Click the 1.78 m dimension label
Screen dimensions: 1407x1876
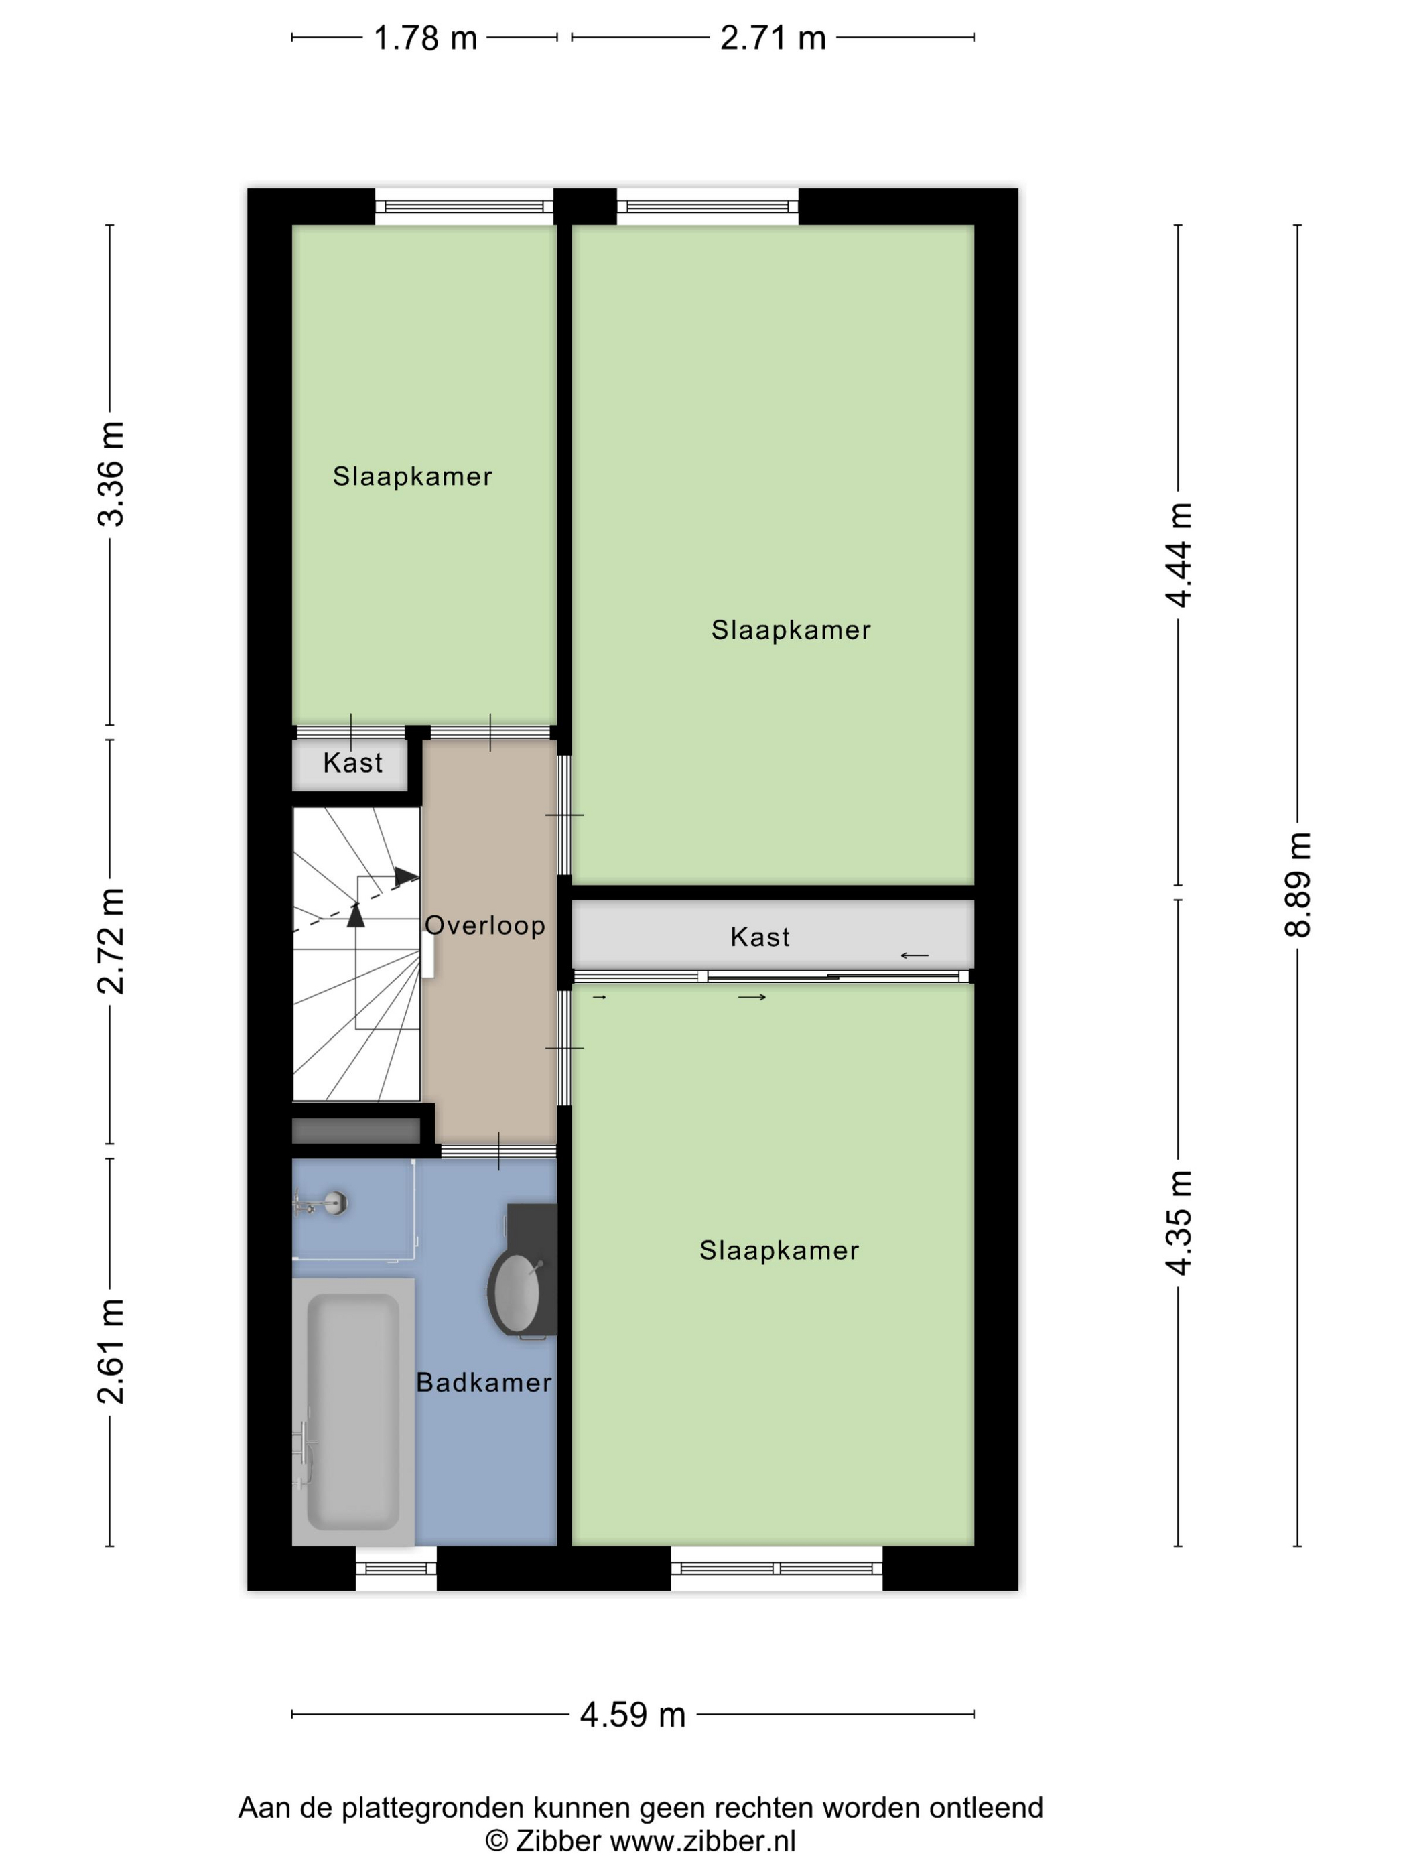[x=425, y=38]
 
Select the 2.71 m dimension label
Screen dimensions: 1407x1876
[x=773, y=38]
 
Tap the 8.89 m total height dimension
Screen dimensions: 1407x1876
[x=1298, y=884]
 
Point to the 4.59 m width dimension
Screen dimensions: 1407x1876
[x=632, y=1715]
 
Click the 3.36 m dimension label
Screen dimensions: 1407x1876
[x=111, y=474]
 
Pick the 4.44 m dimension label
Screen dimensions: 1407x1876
[x=1178, y=555]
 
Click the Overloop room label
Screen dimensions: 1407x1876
[x=485, y=925]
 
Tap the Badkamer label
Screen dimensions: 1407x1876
[x=484, y=1382]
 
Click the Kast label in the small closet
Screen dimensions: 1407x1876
[x=353, y=762]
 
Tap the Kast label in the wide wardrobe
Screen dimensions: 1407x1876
[x=760, y=937]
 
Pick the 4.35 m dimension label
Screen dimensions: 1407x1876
[x=1178, y=1222]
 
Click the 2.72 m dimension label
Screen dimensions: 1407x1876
[x=111, y=941]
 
